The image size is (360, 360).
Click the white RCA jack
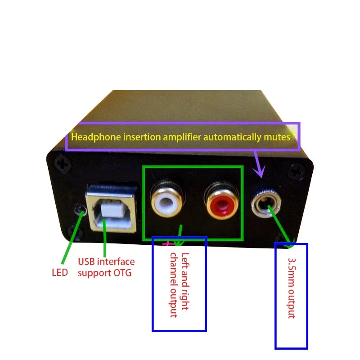pos(166,199)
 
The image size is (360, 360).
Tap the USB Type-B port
pos(112,208)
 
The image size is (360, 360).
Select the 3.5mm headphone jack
pos(266,204)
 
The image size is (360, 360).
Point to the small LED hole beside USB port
pos(80,210)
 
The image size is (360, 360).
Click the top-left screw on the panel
pos(62,163)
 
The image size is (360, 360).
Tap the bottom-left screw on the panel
pos(74,232)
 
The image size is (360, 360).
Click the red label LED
pos(60,273)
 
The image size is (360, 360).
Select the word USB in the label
pos(86,261)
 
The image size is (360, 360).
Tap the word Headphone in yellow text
pos(96,137)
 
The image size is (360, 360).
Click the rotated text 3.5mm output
pos(292,288)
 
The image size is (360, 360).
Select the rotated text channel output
pos(174,285)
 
